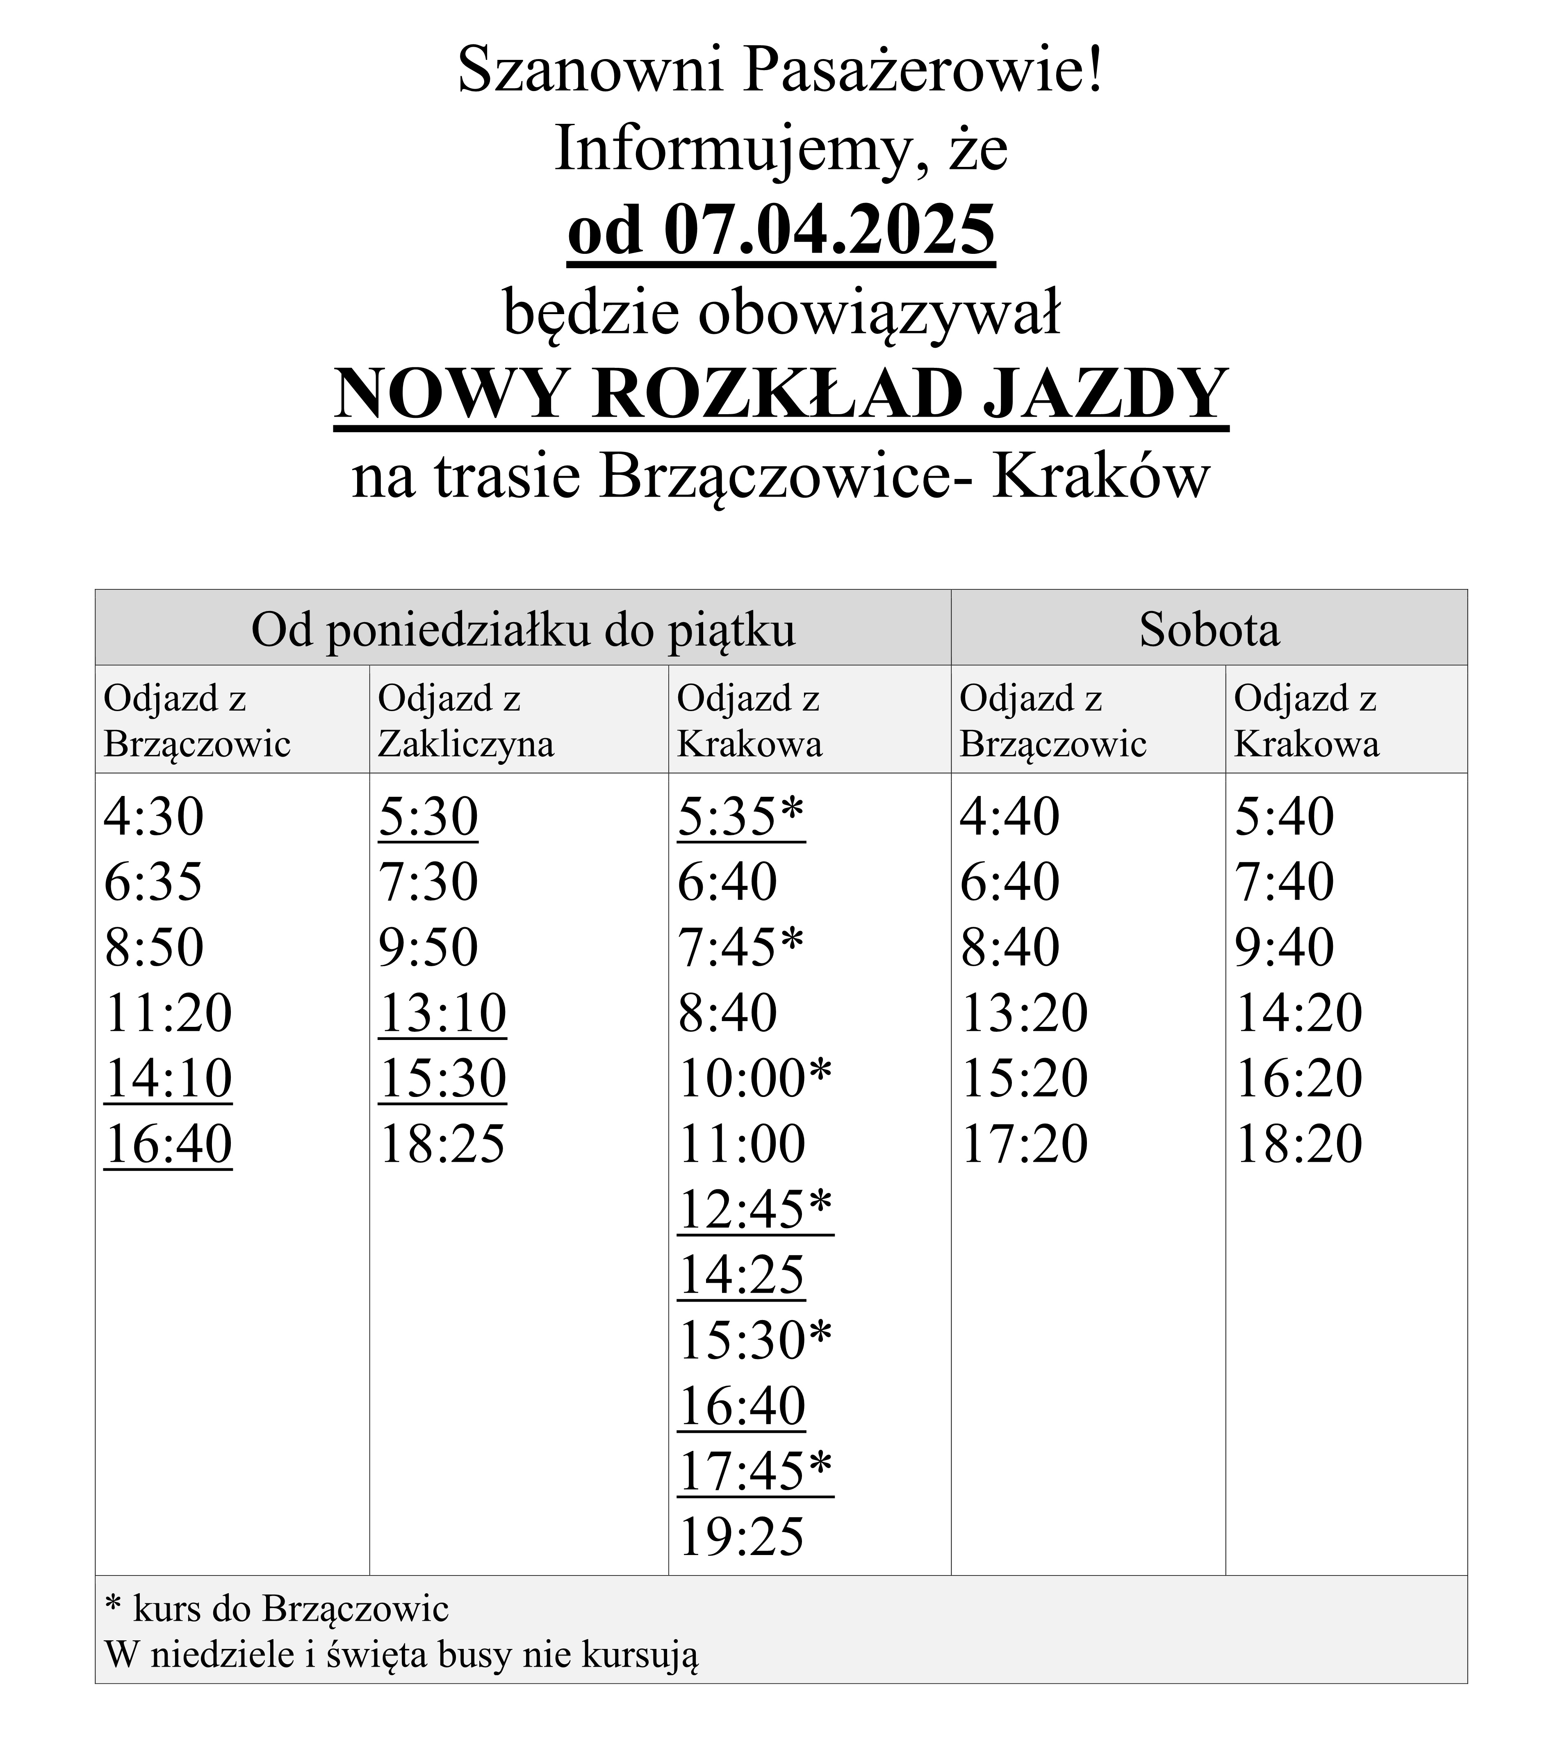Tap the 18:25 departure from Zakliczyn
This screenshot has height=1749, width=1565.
(442, 1144)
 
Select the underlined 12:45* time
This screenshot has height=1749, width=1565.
(755, 1209)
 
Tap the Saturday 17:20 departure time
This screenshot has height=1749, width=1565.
(1024, 1144)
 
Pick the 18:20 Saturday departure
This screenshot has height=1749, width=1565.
(1298, 1144)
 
